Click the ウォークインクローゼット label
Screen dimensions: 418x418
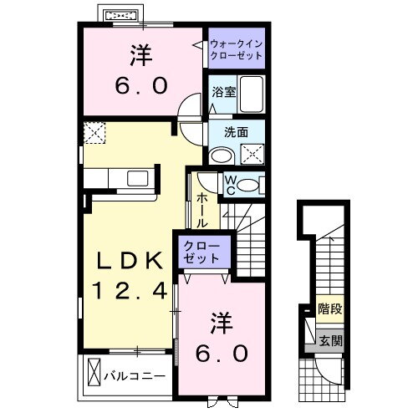click(237, 49)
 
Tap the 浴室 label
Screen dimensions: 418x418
click(224, 92)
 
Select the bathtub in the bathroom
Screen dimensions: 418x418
click(252, 94)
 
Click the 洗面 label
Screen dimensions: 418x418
click(236, 133)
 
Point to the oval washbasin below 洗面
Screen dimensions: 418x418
click(222, 155)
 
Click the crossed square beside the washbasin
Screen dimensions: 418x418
click(252, 154)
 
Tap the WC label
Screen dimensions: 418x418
click(230, 185)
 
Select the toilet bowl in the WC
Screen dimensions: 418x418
click(248, 185)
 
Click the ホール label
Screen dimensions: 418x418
click(202, 211)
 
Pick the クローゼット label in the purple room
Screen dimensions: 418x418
click(201, 252)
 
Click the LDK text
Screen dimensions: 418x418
click(130, 261)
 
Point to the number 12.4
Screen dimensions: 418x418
click(130, 290)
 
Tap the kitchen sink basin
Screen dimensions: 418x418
click(137, 179)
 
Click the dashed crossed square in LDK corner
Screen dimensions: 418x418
click(94, 133)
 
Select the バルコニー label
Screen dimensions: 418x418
click(135, 376)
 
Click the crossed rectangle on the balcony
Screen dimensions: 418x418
click(94, 372)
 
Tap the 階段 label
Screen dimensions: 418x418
click(330, 308)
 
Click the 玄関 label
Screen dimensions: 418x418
click(330, 340)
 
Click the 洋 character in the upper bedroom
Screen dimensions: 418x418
click(141, 55)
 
